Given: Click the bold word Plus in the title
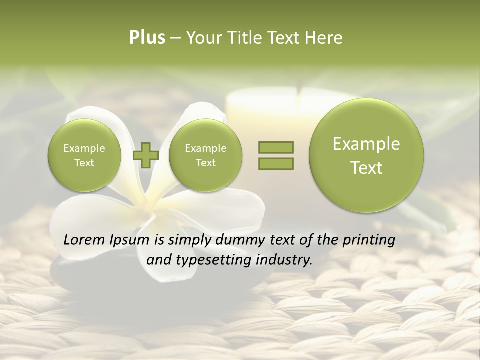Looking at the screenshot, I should pyautogui.click(x=147, y=38).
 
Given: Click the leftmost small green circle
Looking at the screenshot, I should pyautogui.click(x=84, y=155).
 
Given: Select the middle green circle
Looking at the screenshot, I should pyautogui.click(x=205, y=155).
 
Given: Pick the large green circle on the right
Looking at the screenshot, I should pyautogui.click(x=366, y=155).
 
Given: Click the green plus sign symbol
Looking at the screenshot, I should pyautogui.click(x=146, y=155).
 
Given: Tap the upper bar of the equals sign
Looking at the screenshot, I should pyautogui.click(x=276, y=147).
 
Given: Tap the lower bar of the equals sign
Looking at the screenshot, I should pyautogui.click(x=276, y=163).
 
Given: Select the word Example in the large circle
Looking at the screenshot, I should pyautogui.click(x=366, y=144).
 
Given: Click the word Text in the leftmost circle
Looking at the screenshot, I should pyautogui.click(x=84, y=163).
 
